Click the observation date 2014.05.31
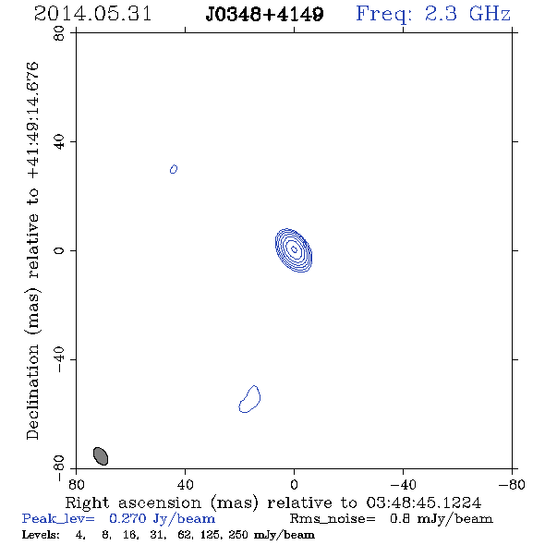click(92, 14)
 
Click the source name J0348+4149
click(264, 15)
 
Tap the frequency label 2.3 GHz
click(467, 14)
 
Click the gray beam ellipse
click(101, 456)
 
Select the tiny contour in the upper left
click(174, 169)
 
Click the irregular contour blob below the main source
click(249, 399)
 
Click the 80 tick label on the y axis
click(59, 33)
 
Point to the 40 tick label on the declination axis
click(59, 142)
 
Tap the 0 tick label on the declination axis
click(59, 250)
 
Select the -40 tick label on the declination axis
click(59, 359)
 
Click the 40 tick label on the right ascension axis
click(185, 484)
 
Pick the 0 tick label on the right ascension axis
click(294, 484)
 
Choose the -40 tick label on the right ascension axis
click(403, 484)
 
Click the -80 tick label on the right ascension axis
click(512, 484)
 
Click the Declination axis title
click(32, 250)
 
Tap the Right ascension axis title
click(273, 503)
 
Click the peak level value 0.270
click(127, 518)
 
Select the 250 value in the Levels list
click(238, 535)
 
